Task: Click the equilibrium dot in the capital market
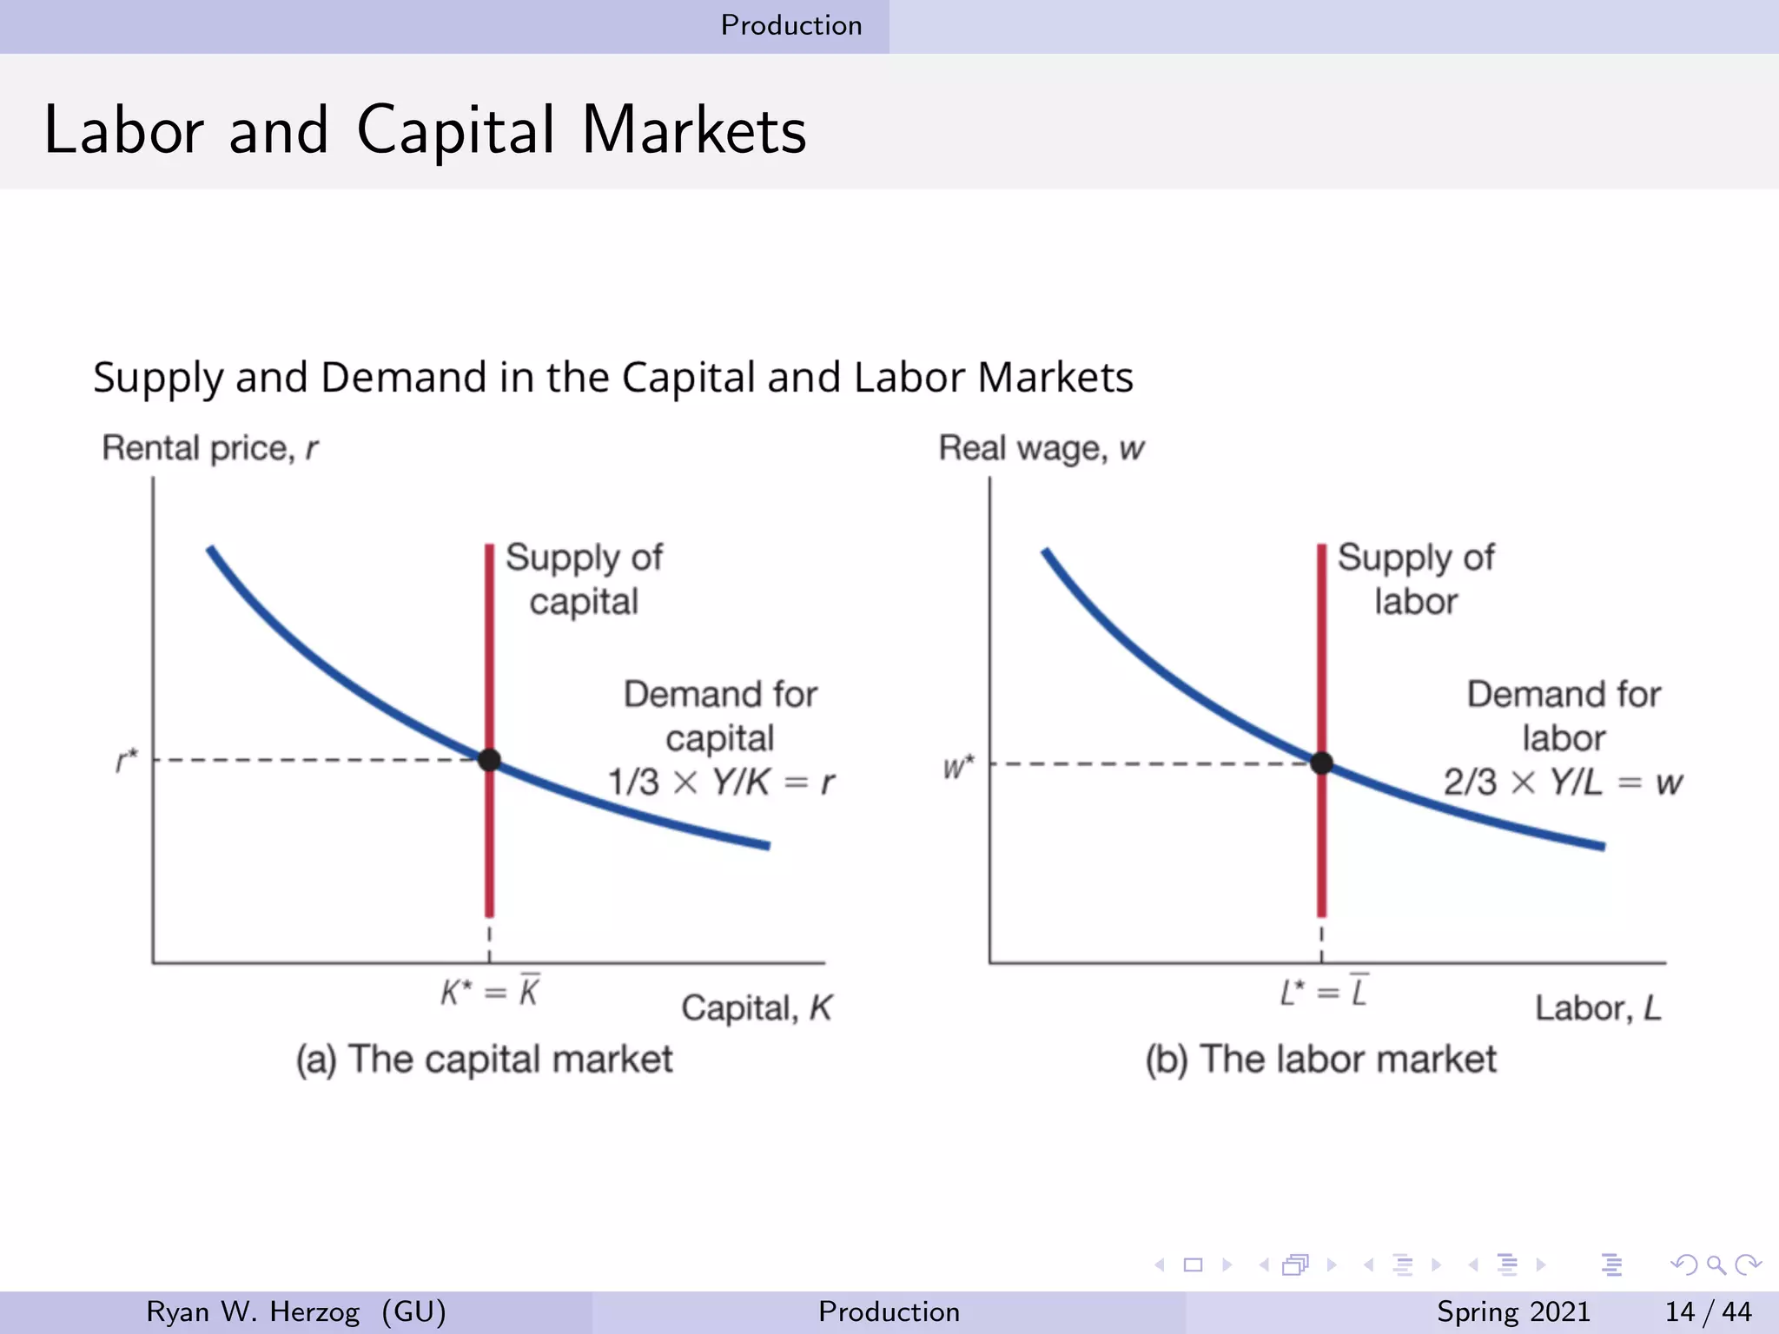[x=489, y=760]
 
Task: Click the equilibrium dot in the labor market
[x=1321, y=763]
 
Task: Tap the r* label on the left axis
[x=127, y=761]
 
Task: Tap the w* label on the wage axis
[x=958, y=767]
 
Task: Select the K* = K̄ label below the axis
[x=490, y=992]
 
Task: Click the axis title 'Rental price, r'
[x=210, y=448]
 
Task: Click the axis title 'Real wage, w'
[x=1042, y=448]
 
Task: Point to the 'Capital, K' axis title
[x=756, y=1008]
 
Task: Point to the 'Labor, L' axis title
[x=1597, y=1008]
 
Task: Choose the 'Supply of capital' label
[x=584, y=579]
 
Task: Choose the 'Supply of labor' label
[x=1416, y=579]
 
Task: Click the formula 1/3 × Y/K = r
[x=721, y=783]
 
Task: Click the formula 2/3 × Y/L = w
[x=1563, y=783]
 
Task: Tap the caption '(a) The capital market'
[x=484, y=1060]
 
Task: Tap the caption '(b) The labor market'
[x=1320, y=1060]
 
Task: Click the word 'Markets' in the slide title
[x=694, y=130]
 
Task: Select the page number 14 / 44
[x=1708, y=1311]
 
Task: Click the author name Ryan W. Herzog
[x=253, y=1311]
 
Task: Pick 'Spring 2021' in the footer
[x=1513, y=1311]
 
